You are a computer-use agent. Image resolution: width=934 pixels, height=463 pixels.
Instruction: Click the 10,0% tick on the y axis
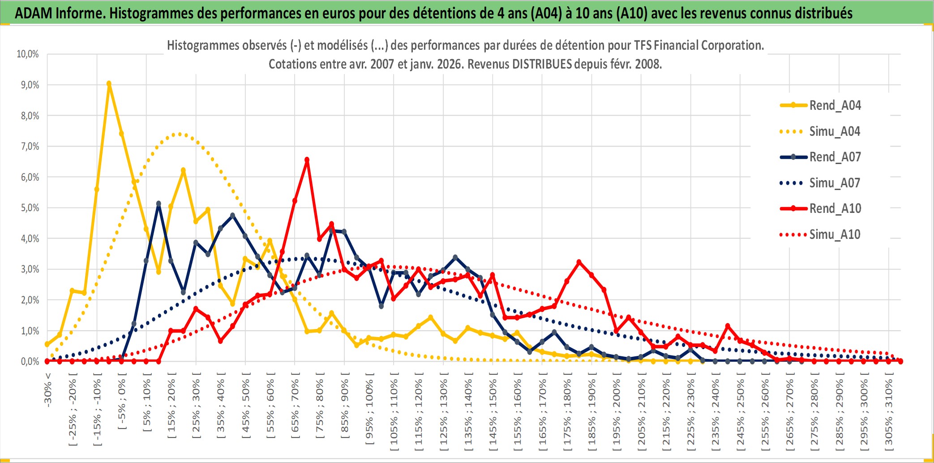(x=28, y=54)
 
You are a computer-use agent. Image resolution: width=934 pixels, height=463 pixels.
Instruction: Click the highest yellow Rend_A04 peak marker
(x=109, y=83)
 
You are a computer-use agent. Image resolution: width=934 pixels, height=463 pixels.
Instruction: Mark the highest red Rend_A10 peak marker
(x=307, y=160)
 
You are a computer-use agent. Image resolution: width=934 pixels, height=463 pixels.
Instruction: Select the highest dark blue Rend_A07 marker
(x=159, y=203)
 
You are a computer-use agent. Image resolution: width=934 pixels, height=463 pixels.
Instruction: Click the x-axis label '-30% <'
(x=48, y=389)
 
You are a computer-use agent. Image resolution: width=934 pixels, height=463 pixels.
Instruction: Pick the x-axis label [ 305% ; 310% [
(x=889, y=412)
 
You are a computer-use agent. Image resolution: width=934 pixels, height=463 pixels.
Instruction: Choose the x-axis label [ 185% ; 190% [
(x=591, y=412)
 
